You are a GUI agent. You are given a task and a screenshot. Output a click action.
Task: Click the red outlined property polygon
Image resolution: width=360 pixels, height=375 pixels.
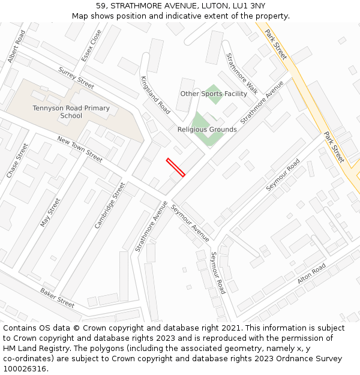(175, 167)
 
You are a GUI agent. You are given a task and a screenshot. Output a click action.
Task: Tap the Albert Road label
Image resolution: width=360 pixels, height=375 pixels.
(17, 46)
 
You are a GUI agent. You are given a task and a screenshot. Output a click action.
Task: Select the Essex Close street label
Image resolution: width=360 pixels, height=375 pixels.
(92, 46)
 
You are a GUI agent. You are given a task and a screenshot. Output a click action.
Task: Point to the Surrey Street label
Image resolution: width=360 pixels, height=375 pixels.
(76, 77)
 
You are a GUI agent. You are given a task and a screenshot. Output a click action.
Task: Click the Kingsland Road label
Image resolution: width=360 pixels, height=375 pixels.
(155, 95)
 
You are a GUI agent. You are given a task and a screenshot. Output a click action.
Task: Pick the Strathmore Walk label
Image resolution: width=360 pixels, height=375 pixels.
(241, 74)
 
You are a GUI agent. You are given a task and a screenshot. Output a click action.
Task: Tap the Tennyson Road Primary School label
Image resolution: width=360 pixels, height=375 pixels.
(71, 112)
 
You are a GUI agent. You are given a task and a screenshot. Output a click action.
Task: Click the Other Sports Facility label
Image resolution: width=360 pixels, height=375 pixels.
(214, 94)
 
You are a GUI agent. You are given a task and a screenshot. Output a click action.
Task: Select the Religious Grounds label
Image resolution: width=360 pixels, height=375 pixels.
(207, 129)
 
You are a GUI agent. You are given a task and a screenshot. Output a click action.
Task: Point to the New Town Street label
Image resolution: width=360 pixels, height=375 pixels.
(80, 148)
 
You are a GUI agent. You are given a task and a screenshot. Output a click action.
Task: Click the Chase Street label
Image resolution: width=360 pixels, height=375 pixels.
(17, 160)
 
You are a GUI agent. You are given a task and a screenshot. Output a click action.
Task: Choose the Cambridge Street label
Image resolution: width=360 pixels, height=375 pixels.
(109, 205)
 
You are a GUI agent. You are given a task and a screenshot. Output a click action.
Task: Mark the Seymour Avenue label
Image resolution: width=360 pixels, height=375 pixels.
(190, 223)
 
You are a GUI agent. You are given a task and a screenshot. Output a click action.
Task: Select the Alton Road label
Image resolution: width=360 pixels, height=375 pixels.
(311, 274)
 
